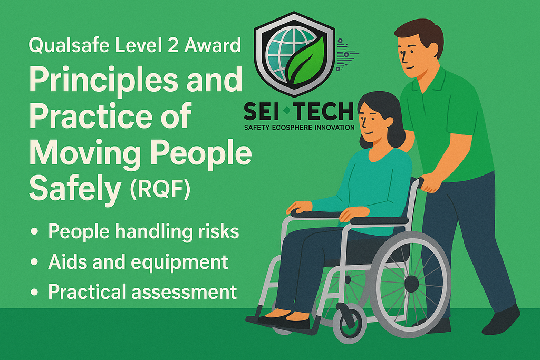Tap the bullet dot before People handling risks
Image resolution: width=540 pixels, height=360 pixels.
(35, 232)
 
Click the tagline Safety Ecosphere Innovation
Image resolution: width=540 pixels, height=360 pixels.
(299, 127)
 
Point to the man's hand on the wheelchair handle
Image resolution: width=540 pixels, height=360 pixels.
(431, 182)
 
